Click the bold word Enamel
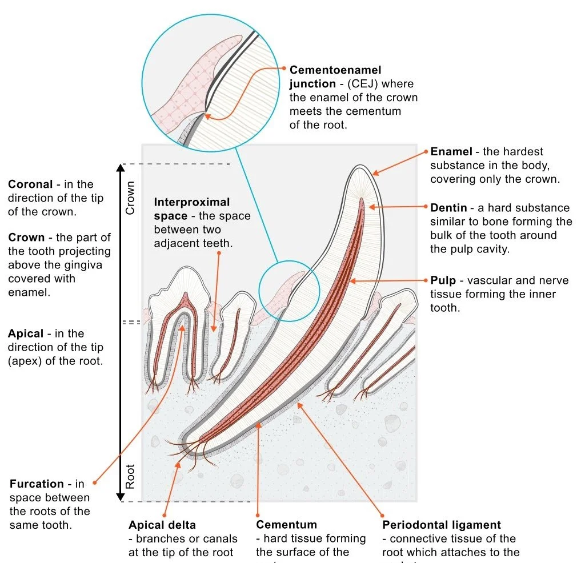451,152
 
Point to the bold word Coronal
30,184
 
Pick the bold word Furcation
37,484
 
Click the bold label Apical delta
162,525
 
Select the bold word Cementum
286,525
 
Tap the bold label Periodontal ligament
441,525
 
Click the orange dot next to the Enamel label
425,152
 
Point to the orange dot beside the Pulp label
425,280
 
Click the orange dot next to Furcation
95,483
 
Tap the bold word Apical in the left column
26,333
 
